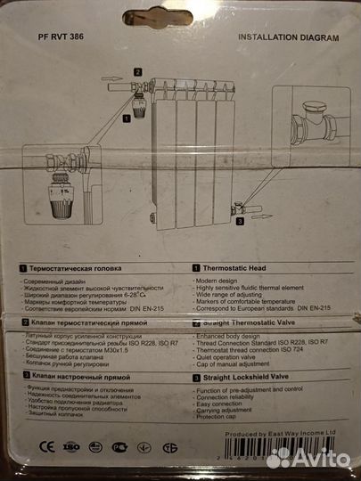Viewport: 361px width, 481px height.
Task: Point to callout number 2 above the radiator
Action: coord(138,70)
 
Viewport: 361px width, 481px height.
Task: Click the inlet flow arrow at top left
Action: coord(112,79)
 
